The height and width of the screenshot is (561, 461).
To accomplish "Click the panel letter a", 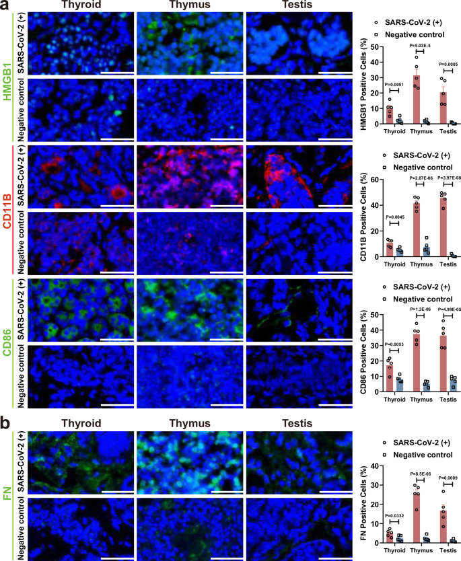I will pos(5,5).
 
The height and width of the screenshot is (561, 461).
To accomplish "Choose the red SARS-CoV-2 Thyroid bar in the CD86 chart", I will pos(390,378).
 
